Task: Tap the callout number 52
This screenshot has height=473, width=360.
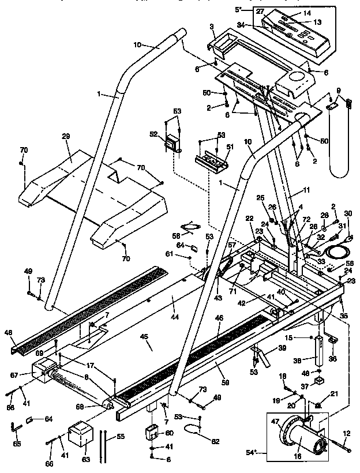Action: coord(153,133)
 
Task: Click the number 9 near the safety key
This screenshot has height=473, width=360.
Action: coord(338,90)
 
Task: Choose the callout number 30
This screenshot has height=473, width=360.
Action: coord(347,213)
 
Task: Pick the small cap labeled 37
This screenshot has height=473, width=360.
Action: coord(318,382)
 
